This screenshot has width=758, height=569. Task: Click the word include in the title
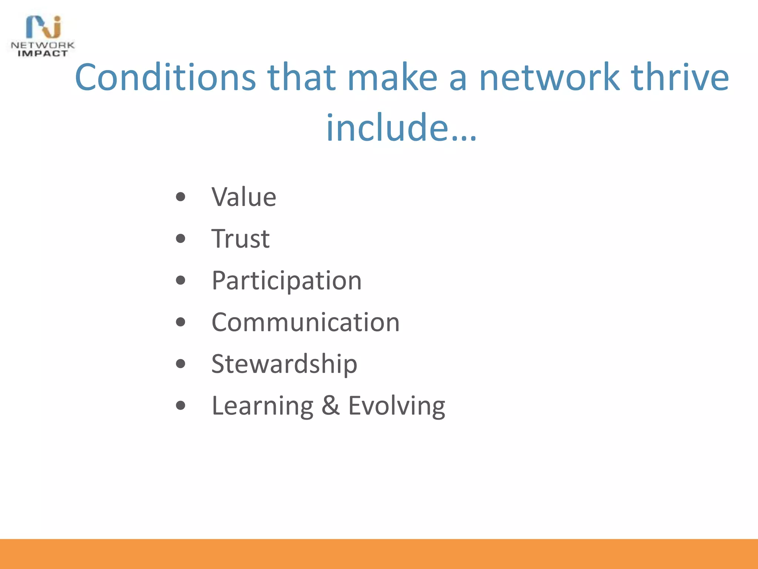[x=387, y=127]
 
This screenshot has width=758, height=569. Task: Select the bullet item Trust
[x=240, y=239]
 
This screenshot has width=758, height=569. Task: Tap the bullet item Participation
[x=286, y=281]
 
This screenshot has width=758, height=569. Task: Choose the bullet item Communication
[x=305, y=322]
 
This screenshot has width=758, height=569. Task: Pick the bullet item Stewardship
[x=284, y=364]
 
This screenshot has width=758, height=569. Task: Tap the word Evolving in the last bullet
[x=396, y=406]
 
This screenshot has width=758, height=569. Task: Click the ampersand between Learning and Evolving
[x=331, y=406]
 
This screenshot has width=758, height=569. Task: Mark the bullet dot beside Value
[x=181, y=197]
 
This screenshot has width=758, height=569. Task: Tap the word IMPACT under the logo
[x=43, y=54]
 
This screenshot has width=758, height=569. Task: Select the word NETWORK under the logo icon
[x=43, y=45]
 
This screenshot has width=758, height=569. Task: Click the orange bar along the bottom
[x=379, y=554]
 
